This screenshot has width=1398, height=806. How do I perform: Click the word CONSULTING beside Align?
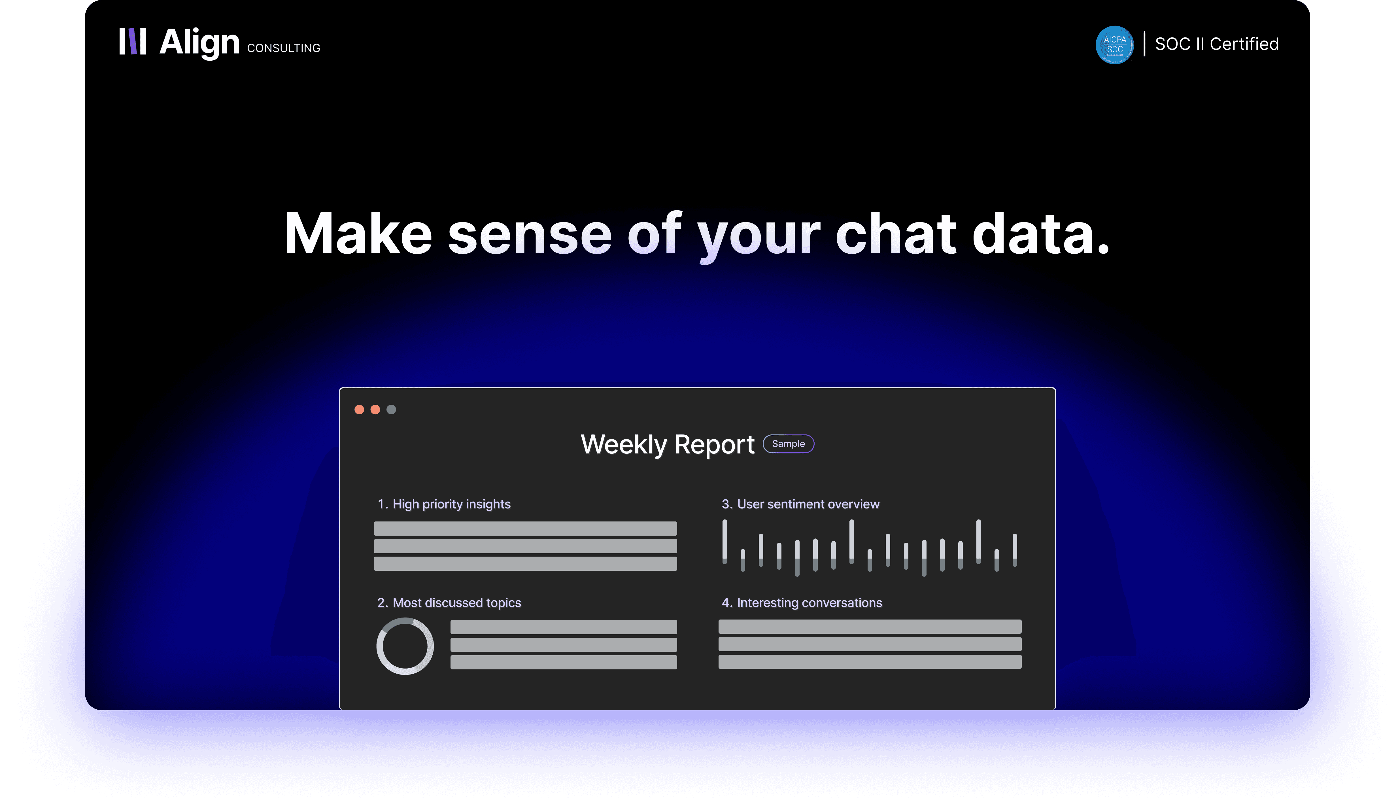(283, 48)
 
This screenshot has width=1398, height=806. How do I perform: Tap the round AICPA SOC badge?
(1114, 45)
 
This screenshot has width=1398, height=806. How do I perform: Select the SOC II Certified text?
(1216, 44)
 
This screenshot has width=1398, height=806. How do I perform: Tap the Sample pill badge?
(788, 444)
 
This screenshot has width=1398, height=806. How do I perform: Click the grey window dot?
(391, 410)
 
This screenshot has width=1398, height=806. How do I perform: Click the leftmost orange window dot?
(359, 410)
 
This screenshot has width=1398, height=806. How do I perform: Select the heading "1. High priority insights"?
(444, 504)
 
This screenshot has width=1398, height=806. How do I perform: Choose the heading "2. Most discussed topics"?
(449, 603)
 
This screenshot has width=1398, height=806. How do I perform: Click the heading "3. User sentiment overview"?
(800, 504)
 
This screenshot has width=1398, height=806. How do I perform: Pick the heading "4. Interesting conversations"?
(801, 603)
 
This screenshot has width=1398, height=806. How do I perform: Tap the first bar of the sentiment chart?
(725, 541)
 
